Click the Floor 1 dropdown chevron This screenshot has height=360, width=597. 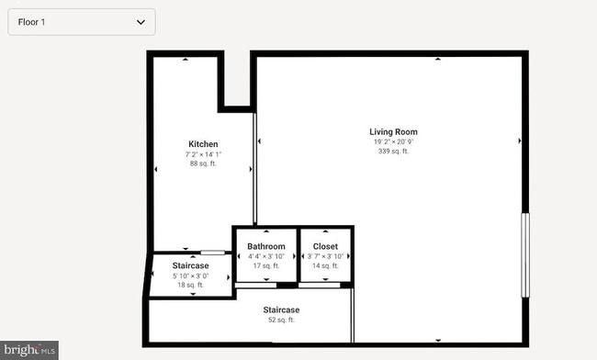(141, 21)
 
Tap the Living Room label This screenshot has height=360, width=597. (393, 132)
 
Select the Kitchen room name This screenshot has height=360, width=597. (203, 144)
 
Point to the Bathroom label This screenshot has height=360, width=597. (266, 247)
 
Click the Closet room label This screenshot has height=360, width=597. (325, 247)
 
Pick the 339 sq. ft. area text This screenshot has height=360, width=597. (393, 152)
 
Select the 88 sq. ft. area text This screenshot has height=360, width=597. (203, 163)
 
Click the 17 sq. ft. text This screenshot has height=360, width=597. (266, 265)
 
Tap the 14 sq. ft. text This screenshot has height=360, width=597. (325, 265)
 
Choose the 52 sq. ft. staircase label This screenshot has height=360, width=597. (281, 320)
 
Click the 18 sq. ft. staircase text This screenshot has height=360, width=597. (190, 285)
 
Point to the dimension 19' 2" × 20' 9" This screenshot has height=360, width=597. (393, 142)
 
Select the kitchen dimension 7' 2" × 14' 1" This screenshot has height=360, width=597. (203, 154)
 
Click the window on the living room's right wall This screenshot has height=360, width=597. (525, 255)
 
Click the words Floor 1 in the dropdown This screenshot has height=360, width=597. (32, 21)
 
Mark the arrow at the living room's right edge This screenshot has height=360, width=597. (520, 141)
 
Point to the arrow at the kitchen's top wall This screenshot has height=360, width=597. (186, 60)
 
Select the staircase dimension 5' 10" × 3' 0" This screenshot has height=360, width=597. (190, 276)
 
